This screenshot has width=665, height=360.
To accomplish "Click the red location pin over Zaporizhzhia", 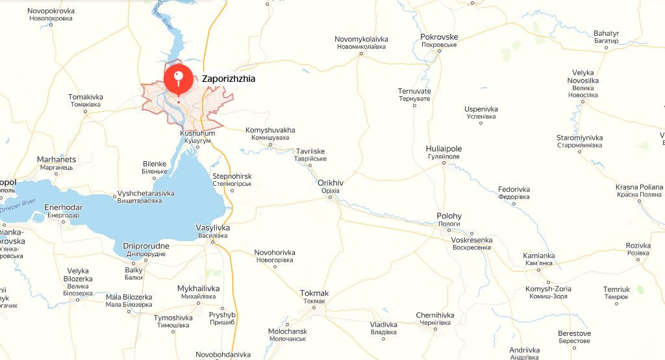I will pyautogui.click(x=178, y=79).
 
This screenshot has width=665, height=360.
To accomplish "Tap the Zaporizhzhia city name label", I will pyautogui.click(x=229, y=79).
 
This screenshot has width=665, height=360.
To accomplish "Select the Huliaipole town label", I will pyautogui.click(x=443, y=152).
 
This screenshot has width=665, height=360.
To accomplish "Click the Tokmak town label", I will pyautogui.click(x=314, y=293).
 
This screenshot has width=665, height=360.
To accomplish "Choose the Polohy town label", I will pyautogui.click(x=449, y=216).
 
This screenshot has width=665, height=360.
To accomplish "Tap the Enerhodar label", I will pyautogui.click(x=63, y=207).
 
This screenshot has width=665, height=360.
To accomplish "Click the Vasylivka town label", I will pyautogui.click(x=213, y=228).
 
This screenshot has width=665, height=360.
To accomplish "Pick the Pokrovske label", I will pyautogui.click(x=439, y=37).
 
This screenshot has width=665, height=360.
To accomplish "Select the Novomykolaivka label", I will pyautogui.click(x=361, y=40).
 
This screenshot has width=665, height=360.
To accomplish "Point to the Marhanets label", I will pyautogui.click(x=56, y=160).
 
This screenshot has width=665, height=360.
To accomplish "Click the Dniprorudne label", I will pyautogui.click(x=145, y=246).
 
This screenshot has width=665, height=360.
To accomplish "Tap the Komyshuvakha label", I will pyautogui.click(x=270, y=130).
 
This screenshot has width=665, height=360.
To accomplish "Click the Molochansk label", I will pyautogui.click(x=287, y=331).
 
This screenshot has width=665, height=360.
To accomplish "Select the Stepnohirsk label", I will pyautogui.click(x=232, y=177).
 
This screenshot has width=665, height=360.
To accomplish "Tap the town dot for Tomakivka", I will pyautogui.click(x=85, y=112).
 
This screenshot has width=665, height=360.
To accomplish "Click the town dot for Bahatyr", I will pyautogui.click(x=606, y=47).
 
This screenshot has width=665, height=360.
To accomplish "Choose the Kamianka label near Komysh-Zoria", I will pyautogui.click(x=539, y=256).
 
